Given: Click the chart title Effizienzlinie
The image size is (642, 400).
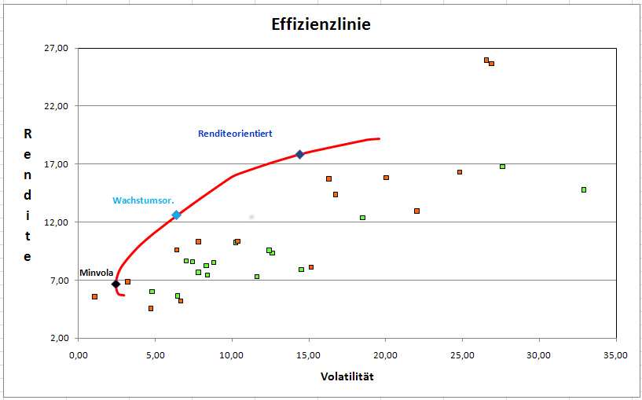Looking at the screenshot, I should coord(321,24).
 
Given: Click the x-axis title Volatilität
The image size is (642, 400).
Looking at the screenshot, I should coord(347,376).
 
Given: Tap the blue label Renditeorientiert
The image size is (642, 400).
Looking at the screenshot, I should coord(235,134).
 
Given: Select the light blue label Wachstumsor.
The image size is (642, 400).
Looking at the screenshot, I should coord(143,200).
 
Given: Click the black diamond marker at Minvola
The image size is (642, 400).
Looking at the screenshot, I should coord(116,284).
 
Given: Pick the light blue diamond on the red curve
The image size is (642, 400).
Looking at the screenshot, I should coord(176,215).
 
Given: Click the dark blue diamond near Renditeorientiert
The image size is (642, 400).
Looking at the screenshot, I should coord(299,154).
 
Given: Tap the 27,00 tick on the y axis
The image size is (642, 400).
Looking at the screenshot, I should coord(58,48).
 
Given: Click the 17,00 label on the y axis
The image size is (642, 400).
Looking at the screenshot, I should coord(58,164).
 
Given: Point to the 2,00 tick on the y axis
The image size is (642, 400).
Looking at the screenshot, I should coord(60,339).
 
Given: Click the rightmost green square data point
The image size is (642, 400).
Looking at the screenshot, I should coord(584,189).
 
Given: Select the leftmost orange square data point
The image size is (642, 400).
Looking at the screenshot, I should coord(94,296).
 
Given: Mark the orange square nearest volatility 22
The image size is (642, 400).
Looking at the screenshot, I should coord(416,211).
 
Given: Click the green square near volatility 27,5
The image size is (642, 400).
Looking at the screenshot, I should coord(502,167).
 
